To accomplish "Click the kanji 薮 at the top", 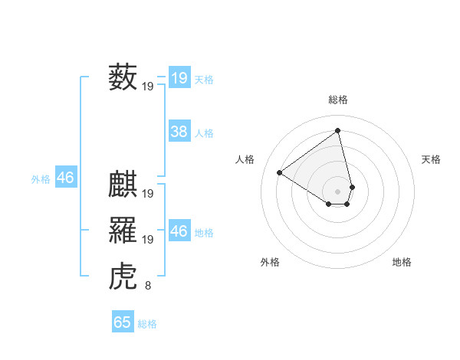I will [123, 77].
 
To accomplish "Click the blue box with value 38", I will [179, 132].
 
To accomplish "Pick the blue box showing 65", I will [123, 322].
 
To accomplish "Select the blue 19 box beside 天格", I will [179, 78].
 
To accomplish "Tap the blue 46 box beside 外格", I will [65, 178].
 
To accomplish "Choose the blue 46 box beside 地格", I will [179, 231].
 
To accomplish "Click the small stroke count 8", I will [148, 286].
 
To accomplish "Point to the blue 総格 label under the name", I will [147, 324].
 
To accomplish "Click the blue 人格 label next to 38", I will [204, 133].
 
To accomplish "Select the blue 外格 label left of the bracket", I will [41, 179].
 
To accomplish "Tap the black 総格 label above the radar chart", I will [337, 100].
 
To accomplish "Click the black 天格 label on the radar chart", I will [432, 159].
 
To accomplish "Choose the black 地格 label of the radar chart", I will [402, 262].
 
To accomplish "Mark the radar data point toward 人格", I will [280, 172].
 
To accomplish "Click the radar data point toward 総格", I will [337, 130].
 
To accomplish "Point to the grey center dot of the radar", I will [337, 191].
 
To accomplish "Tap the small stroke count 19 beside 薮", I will [148, 87].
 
